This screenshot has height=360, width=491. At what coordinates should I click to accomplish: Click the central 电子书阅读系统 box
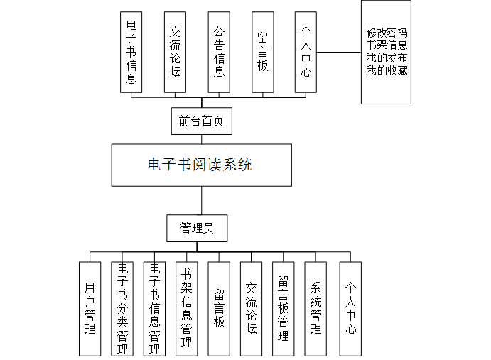(x=201, y=165)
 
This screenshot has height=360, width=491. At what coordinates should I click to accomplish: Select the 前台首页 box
(x=201, y=121)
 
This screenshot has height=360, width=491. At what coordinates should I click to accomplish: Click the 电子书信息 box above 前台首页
(x=131, y=52)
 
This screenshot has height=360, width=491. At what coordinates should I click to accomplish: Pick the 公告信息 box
(x=219, y=52)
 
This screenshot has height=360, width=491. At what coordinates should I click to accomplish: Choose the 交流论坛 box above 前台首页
(x=175, y=52)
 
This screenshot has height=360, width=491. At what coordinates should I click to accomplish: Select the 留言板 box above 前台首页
(x=262, y=52)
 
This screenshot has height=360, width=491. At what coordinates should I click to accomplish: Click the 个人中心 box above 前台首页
(x=306, y=52)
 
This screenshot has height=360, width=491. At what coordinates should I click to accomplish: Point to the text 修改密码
(x=387, y=33)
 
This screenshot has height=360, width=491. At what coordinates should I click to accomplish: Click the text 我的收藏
(x=387, y=71)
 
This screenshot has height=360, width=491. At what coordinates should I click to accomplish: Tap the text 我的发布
(x=387, y=58)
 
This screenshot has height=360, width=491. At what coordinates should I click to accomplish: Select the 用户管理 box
(x=90, y=308)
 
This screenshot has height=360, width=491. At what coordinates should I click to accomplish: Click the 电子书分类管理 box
(x=122, y=308)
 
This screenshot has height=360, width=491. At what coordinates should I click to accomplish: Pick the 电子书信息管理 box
(x=154, y=308)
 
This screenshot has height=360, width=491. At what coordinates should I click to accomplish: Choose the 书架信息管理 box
(x=186, y=308)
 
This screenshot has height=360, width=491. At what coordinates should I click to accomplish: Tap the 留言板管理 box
(x=283, y=308)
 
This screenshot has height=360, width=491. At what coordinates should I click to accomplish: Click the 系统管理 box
(x=316, y=308)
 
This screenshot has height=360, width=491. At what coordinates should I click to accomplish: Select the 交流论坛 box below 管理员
(x=251, y=308)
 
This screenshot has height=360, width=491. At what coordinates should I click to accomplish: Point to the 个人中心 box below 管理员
(x=350, y=308)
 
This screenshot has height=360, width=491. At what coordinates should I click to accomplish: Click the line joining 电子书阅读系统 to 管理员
(x=201, y=201)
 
